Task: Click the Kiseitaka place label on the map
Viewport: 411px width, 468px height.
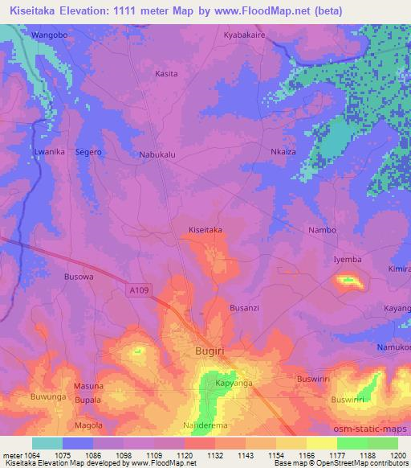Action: pos(205,229)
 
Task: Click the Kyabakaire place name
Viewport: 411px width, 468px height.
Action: pos(244,37)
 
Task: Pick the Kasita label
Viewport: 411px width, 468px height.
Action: pos(166,73)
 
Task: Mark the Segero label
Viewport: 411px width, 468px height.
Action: pos(88,152)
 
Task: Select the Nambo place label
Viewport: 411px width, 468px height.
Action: pos(323,230)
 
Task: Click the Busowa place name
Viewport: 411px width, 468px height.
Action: pos(79,276)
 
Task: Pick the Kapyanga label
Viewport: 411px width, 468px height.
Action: pos(214,384)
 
